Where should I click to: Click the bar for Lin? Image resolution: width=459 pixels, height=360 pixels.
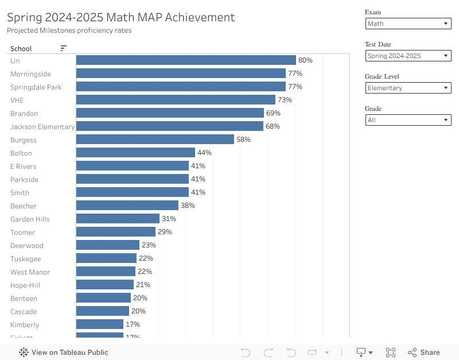tap(186, 60)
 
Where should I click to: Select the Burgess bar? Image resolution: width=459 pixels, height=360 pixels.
tap(155, 140)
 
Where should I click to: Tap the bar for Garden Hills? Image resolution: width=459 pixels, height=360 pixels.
tap(118, 219)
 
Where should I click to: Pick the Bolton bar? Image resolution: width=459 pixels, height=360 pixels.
tap(135, 153)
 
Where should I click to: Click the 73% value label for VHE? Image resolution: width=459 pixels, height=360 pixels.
tap(285, 100)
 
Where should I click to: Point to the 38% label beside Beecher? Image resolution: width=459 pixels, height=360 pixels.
tap(188, 206)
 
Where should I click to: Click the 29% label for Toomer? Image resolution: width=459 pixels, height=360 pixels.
tap(165, 232)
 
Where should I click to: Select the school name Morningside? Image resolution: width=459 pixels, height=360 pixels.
tap(30, 74)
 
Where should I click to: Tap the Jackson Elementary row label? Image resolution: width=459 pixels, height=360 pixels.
tap(42, 127)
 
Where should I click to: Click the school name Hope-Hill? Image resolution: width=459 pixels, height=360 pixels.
tap(25, 285)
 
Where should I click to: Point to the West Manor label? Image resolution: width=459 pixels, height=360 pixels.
tap(30, 272)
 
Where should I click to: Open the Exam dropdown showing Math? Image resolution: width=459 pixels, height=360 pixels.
tap(408, 24)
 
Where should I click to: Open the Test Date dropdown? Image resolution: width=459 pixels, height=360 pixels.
tap(408, 56)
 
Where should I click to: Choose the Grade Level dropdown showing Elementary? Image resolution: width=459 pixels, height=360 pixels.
tap(408, 88)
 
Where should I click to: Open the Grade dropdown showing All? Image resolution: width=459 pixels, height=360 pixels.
tap(408, 120)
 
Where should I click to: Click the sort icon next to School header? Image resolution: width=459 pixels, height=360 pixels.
tap(64, 49)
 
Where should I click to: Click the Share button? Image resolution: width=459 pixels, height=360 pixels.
tap(424, 353)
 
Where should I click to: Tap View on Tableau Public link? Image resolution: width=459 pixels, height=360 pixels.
tap(64, 353)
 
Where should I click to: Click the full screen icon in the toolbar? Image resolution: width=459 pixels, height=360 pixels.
tap(391, 353)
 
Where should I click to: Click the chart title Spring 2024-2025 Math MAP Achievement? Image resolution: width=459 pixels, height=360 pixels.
tap(121, 17)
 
